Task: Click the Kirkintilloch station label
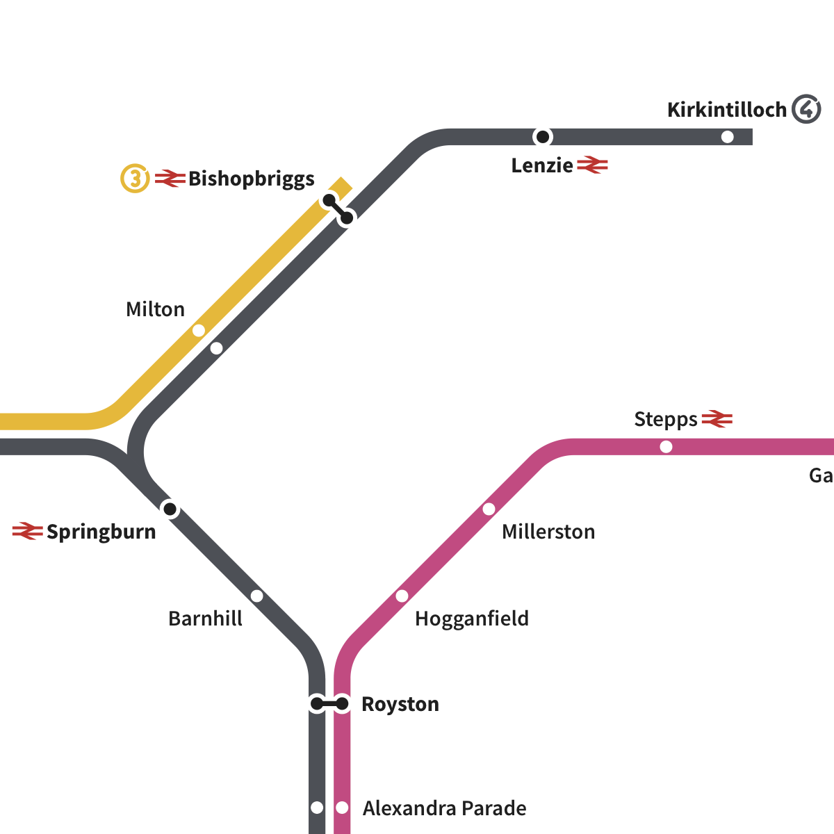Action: [726, 110]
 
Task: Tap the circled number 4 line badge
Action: [807, 109]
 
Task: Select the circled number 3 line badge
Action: [136, 179]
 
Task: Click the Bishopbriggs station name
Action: [252, 179]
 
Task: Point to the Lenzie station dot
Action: [543, 137]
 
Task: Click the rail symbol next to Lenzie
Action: [593, 165]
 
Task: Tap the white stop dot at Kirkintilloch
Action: [728, 137]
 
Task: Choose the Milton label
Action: [155, 309]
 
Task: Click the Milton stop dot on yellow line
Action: [199, 330]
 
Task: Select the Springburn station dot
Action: [170, 509]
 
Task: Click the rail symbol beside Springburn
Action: [28, 532]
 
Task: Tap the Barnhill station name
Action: [205, 619]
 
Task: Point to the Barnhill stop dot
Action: [257, 596]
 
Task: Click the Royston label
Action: [400, 704]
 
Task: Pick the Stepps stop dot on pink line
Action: [666, 447]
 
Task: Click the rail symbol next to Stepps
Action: [717, 419]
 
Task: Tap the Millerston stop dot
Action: [489, 509]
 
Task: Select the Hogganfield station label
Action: [471, 619]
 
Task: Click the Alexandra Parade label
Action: [445, 808]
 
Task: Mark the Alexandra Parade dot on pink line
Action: [342, 808]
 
